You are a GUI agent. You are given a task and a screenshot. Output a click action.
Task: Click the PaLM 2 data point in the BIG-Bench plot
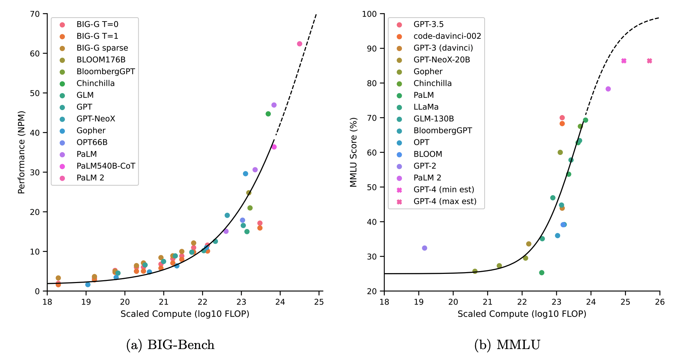click(299, 44)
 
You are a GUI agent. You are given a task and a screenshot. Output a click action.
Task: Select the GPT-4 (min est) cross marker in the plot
click(624, 61)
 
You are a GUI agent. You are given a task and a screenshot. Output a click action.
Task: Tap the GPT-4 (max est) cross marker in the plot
click(649, 61)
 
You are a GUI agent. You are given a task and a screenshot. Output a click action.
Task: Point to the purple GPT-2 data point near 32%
click(424, 248)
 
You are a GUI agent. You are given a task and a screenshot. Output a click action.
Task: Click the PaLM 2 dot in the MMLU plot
click(608, 89)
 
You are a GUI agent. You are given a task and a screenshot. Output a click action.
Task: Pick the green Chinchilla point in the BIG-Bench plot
click(268, 114)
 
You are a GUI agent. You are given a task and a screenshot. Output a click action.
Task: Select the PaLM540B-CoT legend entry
click(105, 166)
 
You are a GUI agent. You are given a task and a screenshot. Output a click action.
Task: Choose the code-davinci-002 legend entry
click(447, 36)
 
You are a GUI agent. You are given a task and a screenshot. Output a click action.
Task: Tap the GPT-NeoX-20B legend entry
click(442, 60)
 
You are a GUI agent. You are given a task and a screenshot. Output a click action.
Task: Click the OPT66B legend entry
click(92, 142)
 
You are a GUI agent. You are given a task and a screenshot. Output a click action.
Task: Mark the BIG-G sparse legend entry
click(102, 48)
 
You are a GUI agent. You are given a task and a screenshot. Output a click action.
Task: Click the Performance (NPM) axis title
click(22, 152)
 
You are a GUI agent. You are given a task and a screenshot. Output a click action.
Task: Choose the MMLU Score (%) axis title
click(354, 152)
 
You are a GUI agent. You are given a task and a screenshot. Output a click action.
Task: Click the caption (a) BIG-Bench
click(170, 345)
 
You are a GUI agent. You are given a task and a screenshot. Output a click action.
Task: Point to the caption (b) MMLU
click(507, 345)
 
